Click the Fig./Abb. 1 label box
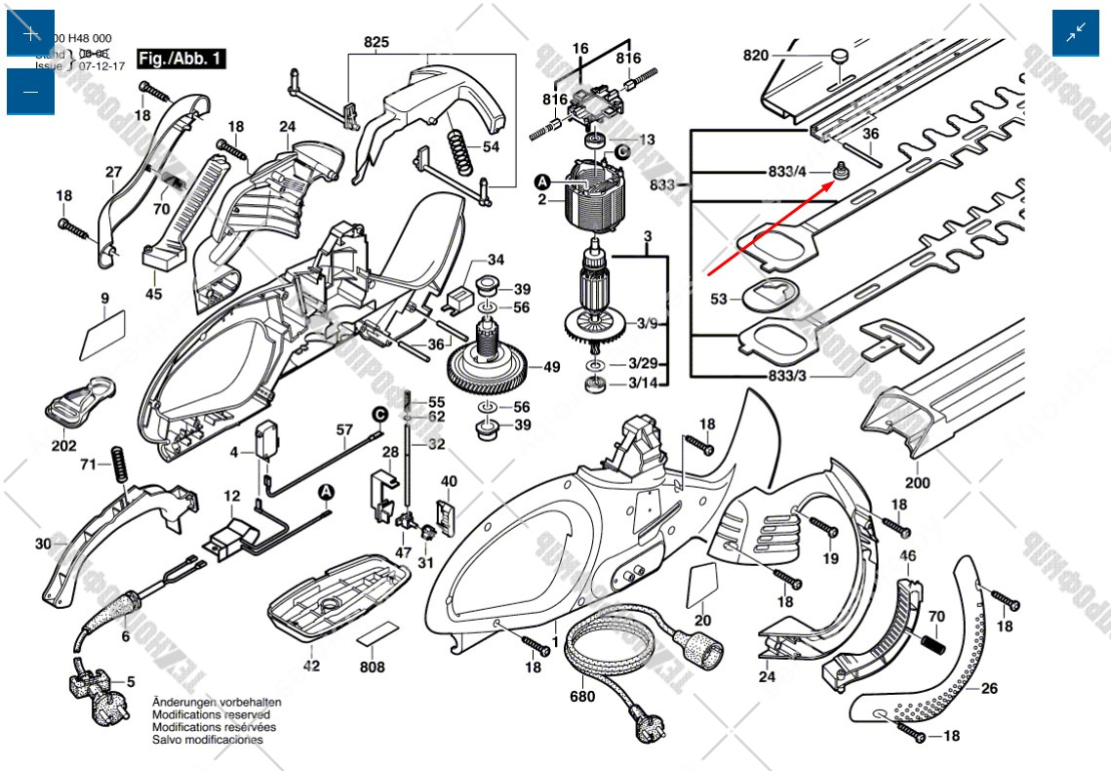click(181, 59)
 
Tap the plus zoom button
click(30, 33)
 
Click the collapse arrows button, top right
click(1075, 33)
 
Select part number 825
click(377, 42)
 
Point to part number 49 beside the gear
click(551, 368)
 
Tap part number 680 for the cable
click(582, 697)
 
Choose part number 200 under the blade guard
click(917, 482)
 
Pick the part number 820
click(756, 56)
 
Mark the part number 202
click(64, 446)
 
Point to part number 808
click(372, 668)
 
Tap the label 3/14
click(643, 383)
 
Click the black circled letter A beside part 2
click(542, 182)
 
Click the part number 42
click(311, 666)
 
